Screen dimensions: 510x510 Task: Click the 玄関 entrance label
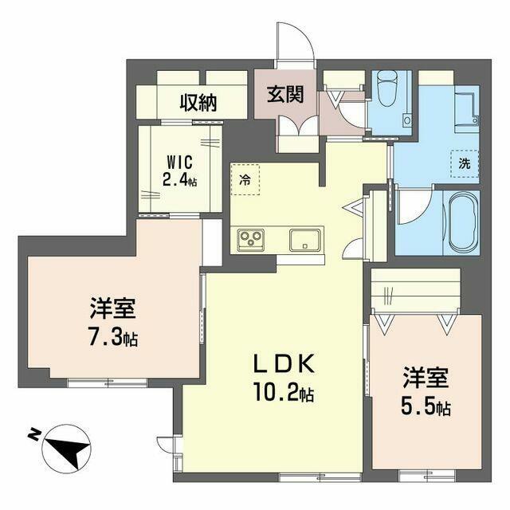tap(285, 94)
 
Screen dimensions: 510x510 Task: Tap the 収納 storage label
tap(198, 103)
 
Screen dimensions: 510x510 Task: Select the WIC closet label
tap(179, 163)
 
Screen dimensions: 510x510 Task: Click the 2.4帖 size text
tap(179, 178)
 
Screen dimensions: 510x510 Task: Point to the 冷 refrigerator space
tap(245, 179)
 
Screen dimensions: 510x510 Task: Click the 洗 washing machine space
tap(465, 163)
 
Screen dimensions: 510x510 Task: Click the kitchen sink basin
tap(304, 240)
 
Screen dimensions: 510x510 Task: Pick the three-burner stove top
tap(250, 240)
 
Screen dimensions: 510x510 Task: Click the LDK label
tap(284, 364)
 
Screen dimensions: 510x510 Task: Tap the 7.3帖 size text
tap(113, 337)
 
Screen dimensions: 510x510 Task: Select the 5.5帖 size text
tap(426, 407)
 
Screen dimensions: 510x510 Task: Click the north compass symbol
tap(66, 447)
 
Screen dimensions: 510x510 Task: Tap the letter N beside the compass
tap(33, 434)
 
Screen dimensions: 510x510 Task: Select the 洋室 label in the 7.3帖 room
tap(113, 308)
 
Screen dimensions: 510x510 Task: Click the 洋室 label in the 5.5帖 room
tap(426, 379)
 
